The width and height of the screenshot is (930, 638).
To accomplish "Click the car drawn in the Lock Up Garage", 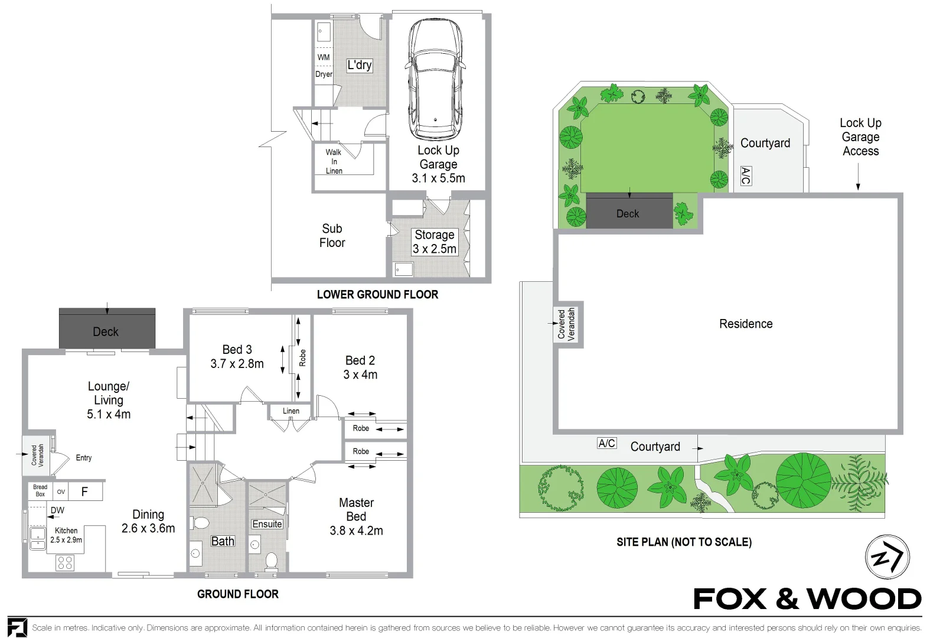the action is [x=435, y=79].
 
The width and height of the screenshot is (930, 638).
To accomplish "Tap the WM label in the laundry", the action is [x=324, y=57].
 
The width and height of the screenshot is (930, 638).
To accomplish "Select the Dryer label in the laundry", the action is [x=324, y=74].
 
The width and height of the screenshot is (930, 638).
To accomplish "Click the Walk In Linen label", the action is [x=334, y=162].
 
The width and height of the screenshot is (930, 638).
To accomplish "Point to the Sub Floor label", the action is [x=332, y=236].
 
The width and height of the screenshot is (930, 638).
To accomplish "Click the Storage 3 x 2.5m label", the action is [x=434, y=242].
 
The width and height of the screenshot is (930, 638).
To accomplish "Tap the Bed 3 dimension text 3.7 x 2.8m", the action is [x=237, y=364].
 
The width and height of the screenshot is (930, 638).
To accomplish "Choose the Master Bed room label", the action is [x=356, y=510].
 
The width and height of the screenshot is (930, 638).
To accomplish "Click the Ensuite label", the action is [x=267, y=524].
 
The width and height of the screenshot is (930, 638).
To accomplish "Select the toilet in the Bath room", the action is [x=200, y=523].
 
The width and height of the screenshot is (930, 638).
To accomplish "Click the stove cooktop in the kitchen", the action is [x=65, y=563].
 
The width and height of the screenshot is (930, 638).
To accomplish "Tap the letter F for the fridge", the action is [x=84, y=492].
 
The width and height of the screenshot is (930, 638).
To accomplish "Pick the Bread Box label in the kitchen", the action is [x=40, y=490].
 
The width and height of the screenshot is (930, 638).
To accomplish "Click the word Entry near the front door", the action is [x=83, y=458].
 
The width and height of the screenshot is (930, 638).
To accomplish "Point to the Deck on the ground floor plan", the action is [x=107, y=328].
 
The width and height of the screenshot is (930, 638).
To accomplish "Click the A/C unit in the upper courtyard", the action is [x=746, y=176].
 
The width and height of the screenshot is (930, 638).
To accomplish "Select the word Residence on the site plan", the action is [x=746, y=324].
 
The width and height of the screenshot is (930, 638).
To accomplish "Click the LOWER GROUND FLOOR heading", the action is [x=377, y=295].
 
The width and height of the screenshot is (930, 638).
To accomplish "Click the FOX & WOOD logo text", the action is [x=807, y=599].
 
